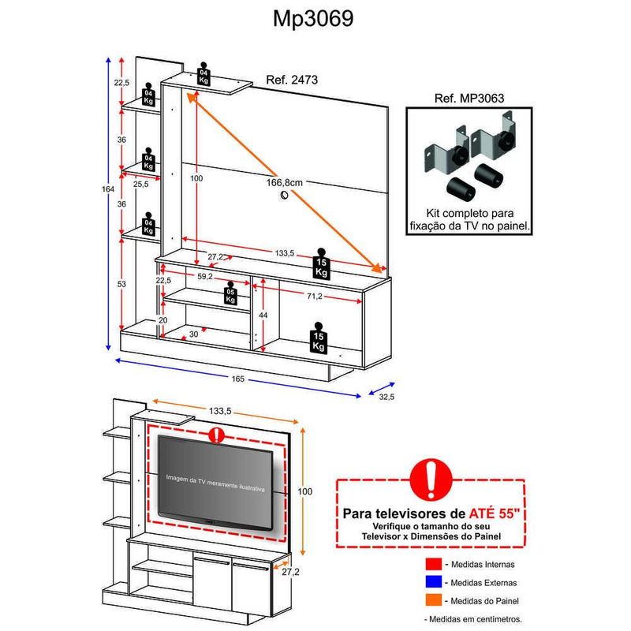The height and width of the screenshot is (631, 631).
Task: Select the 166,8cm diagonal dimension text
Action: point(285,183)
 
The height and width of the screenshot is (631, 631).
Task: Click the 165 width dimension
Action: point(238,379)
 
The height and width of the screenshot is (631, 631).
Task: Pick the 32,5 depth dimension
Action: point(386,397)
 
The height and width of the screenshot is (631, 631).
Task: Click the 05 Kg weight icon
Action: point(230,293)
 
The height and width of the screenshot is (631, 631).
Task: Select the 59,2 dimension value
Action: point(207,277)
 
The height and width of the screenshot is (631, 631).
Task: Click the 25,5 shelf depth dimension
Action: point(142,185)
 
